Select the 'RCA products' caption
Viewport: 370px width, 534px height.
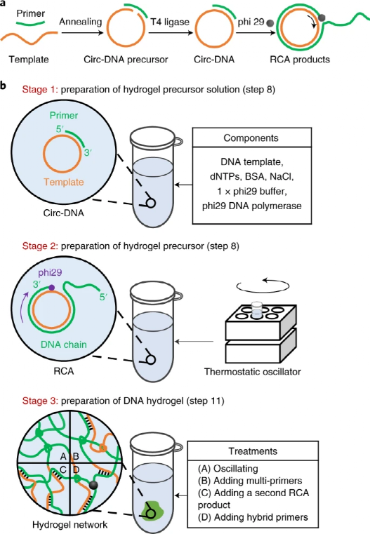point(303,60)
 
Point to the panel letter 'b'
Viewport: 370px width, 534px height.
point(4,86)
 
